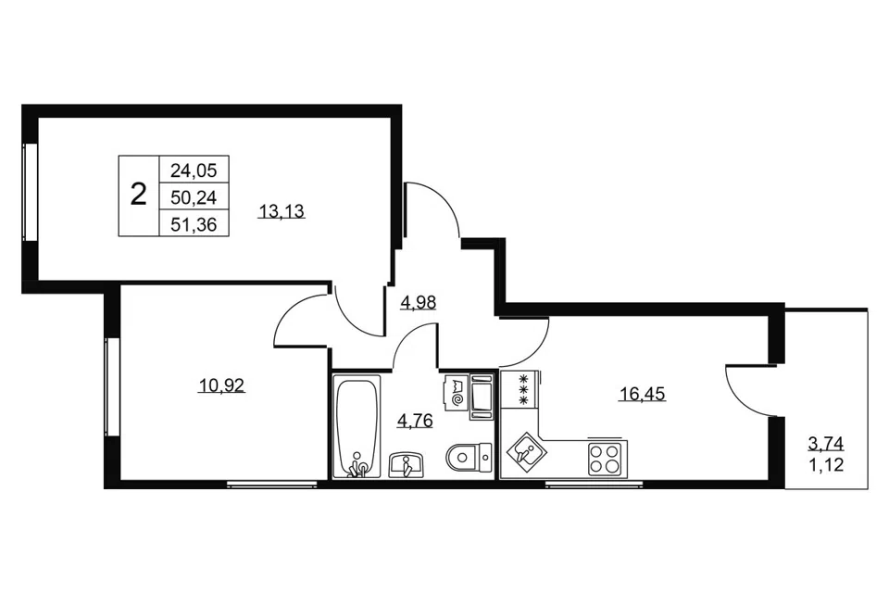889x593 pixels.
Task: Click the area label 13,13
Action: click(x=282, y=212)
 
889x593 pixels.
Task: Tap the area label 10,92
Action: click(x=221, y=386)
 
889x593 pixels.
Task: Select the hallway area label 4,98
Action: click(x=419, y=303)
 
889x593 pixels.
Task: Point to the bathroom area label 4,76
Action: click(x=415, y=421)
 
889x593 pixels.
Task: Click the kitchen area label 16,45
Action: click(x=642, y=394)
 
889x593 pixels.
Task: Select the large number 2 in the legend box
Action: click(x=138, y=196)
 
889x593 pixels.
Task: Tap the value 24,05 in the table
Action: click(x=194, y=170)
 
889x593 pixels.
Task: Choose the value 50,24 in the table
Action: click(x=194, y=197)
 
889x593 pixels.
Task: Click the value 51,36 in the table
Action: click(x=194, y=224)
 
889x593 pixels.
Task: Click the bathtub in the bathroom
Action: click(x=356, y=426)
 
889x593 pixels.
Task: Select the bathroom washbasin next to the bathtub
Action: click(x=406, y=465)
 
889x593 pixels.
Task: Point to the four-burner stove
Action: click(x=605, y=459)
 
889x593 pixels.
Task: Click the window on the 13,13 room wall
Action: click(x=30, y=192)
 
